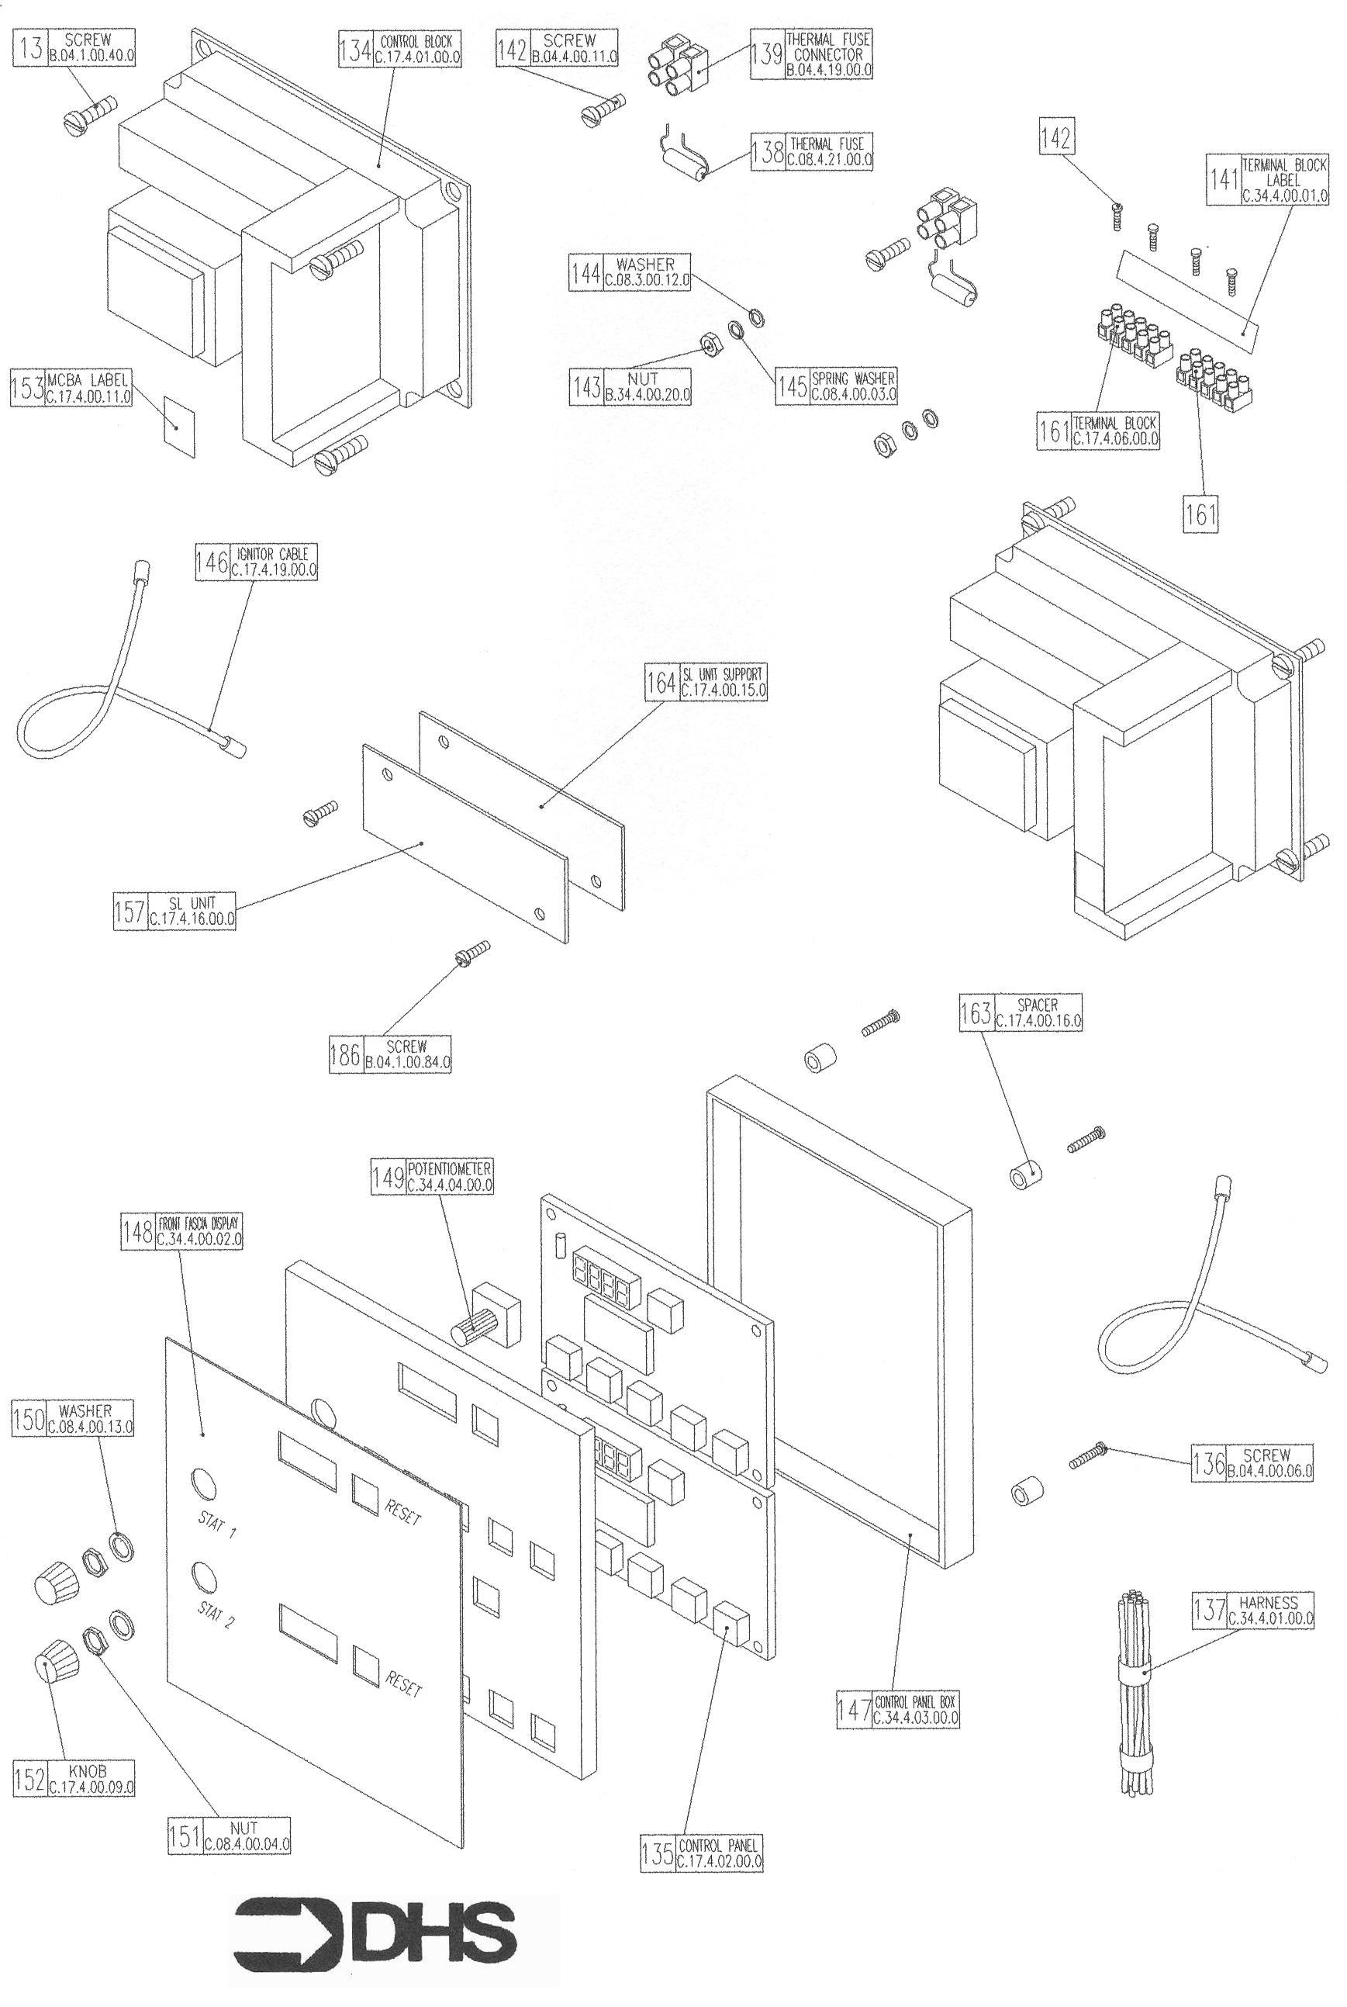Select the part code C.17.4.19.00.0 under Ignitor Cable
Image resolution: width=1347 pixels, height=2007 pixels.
pos(274,569)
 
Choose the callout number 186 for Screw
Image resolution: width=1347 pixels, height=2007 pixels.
pos(345,1054)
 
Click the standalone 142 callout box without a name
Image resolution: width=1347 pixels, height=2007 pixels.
pos(1055,137)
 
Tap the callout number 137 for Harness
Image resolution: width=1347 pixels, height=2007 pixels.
pos(1210,1610)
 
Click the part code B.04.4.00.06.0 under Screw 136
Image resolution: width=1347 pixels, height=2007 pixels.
pos(1269,1471)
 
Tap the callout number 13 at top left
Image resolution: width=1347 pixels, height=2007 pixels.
pos(31,49)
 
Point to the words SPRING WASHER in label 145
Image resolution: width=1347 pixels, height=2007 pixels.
pos(853,378)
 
